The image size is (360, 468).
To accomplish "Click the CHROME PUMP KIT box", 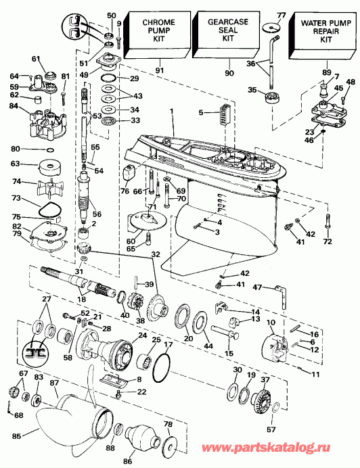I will click(x=158, y=32).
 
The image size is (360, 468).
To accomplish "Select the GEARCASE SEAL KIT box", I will click(x=228, y=32).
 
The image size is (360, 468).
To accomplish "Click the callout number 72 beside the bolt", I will click(x=328, y=241).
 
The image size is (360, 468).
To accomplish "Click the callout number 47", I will click(x=257, y=287).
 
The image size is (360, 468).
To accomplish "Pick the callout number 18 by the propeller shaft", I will click(x=82, y=298).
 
